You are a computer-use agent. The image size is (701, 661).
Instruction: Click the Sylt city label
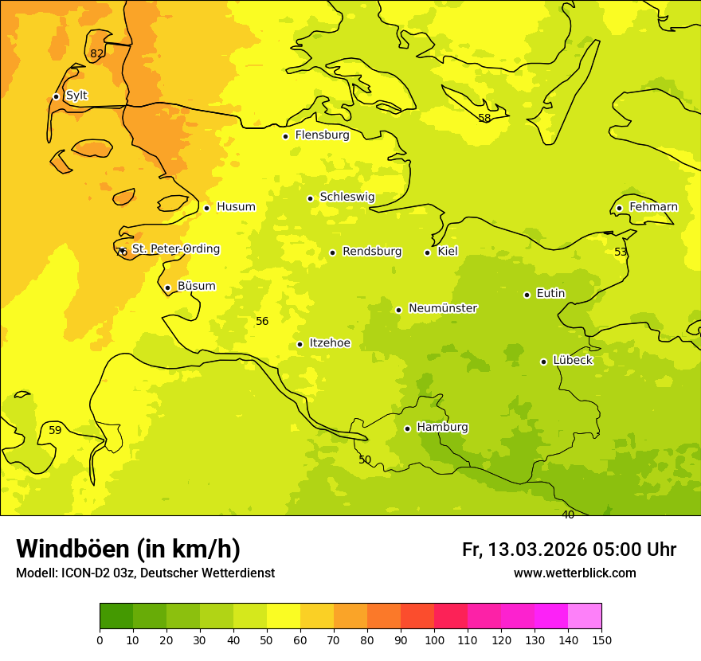76,96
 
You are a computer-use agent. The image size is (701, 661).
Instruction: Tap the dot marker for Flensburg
285,136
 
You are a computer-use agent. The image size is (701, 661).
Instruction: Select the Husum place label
236,207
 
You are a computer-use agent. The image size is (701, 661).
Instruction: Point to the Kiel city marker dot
427,252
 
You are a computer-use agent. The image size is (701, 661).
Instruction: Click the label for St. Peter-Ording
175,249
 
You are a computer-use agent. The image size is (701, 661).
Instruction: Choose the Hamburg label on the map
442,428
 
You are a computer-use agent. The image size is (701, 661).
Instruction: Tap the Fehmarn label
653,207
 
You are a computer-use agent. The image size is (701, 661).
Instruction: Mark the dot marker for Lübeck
543,362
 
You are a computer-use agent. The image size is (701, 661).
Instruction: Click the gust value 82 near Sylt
96,54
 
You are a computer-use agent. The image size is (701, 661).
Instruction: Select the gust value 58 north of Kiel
484,119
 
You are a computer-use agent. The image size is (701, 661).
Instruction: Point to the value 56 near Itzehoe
262,322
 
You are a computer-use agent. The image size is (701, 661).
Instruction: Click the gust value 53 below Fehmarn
621,252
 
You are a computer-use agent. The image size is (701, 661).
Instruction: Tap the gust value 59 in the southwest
55,431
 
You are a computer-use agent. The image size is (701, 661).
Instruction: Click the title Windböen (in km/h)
128,549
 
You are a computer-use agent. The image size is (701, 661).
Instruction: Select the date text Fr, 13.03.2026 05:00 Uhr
569,550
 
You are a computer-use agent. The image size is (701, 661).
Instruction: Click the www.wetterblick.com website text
574,573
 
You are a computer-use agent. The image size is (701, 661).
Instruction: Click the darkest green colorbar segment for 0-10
116,616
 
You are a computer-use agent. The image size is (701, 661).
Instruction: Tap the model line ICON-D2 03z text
145,573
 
